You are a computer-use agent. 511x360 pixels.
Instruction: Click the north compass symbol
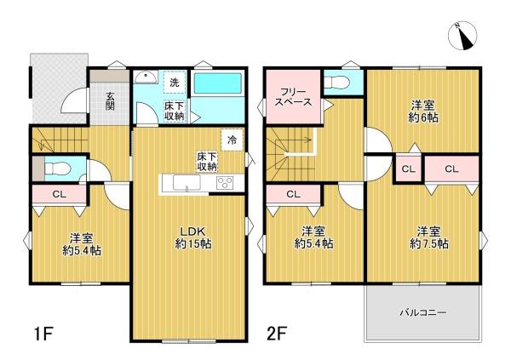pos(462,36)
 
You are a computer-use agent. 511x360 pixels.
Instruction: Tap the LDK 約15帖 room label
pos(193,237)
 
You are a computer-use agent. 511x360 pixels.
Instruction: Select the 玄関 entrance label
pos(110,101)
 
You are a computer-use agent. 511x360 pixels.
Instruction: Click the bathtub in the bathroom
pos(218,84)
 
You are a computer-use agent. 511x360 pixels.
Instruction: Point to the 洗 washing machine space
pos(175,83)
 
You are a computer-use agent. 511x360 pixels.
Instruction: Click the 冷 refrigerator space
pos(233,140)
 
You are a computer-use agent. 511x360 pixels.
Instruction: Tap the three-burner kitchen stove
pos(225,182)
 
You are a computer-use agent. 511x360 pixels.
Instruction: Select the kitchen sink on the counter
pos(187,182)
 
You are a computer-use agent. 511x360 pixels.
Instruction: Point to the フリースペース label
pos(293,97)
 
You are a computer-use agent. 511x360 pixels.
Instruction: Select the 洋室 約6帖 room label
pos(422,111)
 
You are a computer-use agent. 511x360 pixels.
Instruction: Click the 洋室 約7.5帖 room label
pos(429,237)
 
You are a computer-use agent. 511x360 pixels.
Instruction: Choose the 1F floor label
pos(43,334)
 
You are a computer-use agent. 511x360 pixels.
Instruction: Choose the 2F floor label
pos(276,334)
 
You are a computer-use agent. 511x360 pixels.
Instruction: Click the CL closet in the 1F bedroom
pos(60,195)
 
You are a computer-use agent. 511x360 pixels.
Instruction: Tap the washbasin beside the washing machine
pos(146,77)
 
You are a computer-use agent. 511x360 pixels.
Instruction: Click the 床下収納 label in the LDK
pos(207,162)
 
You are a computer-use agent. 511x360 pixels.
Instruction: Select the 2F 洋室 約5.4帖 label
pos(313,237)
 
